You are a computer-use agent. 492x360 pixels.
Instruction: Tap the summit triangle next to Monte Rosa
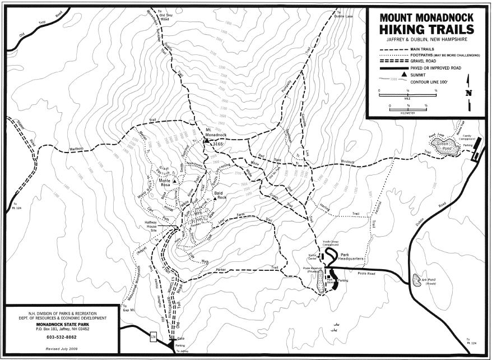pos(174,182)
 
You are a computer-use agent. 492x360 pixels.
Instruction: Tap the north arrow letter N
pos(468,93)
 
